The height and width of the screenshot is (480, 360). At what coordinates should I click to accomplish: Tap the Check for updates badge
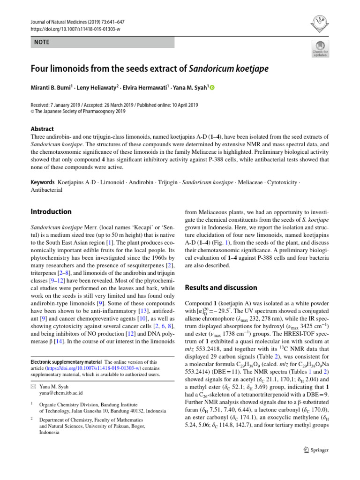click(320, 49)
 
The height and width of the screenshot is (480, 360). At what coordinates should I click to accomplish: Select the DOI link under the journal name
click(75, 29)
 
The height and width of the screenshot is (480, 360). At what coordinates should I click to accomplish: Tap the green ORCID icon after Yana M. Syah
click(212, 88)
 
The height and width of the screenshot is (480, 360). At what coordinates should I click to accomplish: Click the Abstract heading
click(42, 129)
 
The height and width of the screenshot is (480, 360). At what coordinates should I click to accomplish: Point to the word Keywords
click(42, 182)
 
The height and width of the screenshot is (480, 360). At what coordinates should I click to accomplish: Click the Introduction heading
click(51, 212)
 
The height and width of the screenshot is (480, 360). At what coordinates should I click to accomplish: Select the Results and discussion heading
click(221, 287)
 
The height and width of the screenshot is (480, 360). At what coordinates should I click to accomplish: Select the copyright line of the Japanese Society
click(78, 111)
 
